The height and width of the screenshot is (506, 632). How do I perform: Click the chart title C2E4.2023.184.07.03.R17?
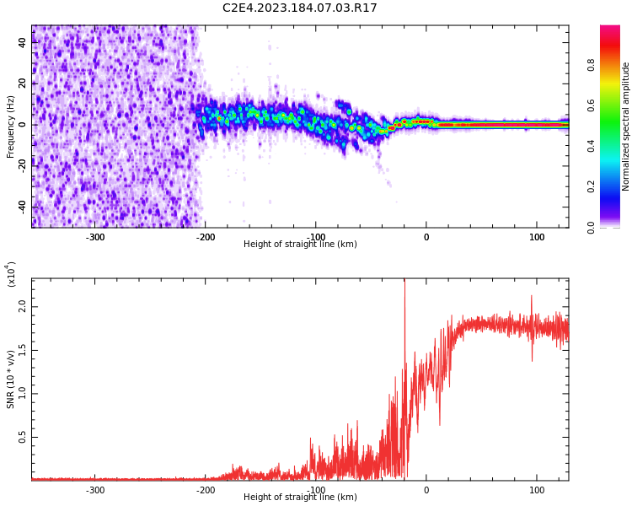[x=300, y=8]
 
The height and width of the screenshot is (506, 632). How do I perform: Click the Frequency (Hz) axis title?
[x=11, y=126]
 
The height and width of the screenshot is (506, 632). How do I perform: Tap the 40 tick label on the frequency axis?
[x=23, y=43]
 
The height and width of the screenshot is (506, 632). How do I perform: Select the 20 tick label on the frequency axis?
[x=23, y=83]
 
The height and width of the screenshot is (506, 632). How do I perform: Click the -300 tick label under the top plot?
[x=95, y=237]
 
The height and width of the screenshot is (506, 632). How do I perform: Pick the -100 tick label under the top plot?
[x=316, y=237]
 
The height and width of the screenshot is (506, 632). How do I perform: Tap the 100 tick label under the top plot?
[x=537, y=237]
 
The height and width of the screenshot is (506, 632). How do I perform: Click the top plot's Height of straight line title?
[x=300, y=245]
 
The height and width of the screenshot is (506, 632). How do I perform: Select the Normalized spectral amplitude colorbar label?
[x=626, y=126]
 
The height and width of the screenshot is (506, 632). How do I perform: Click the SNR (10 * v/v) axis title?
[x=11, y=379]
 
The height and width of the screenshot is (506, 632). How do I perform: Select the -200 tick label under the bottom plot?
[x=206, y=490]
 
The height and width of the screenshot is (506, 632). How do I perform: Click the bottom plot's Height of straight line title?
[x=300, y=498]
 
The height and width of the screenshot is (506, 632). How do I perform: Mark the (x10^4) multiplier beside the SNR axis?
[x=11, y=274]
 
